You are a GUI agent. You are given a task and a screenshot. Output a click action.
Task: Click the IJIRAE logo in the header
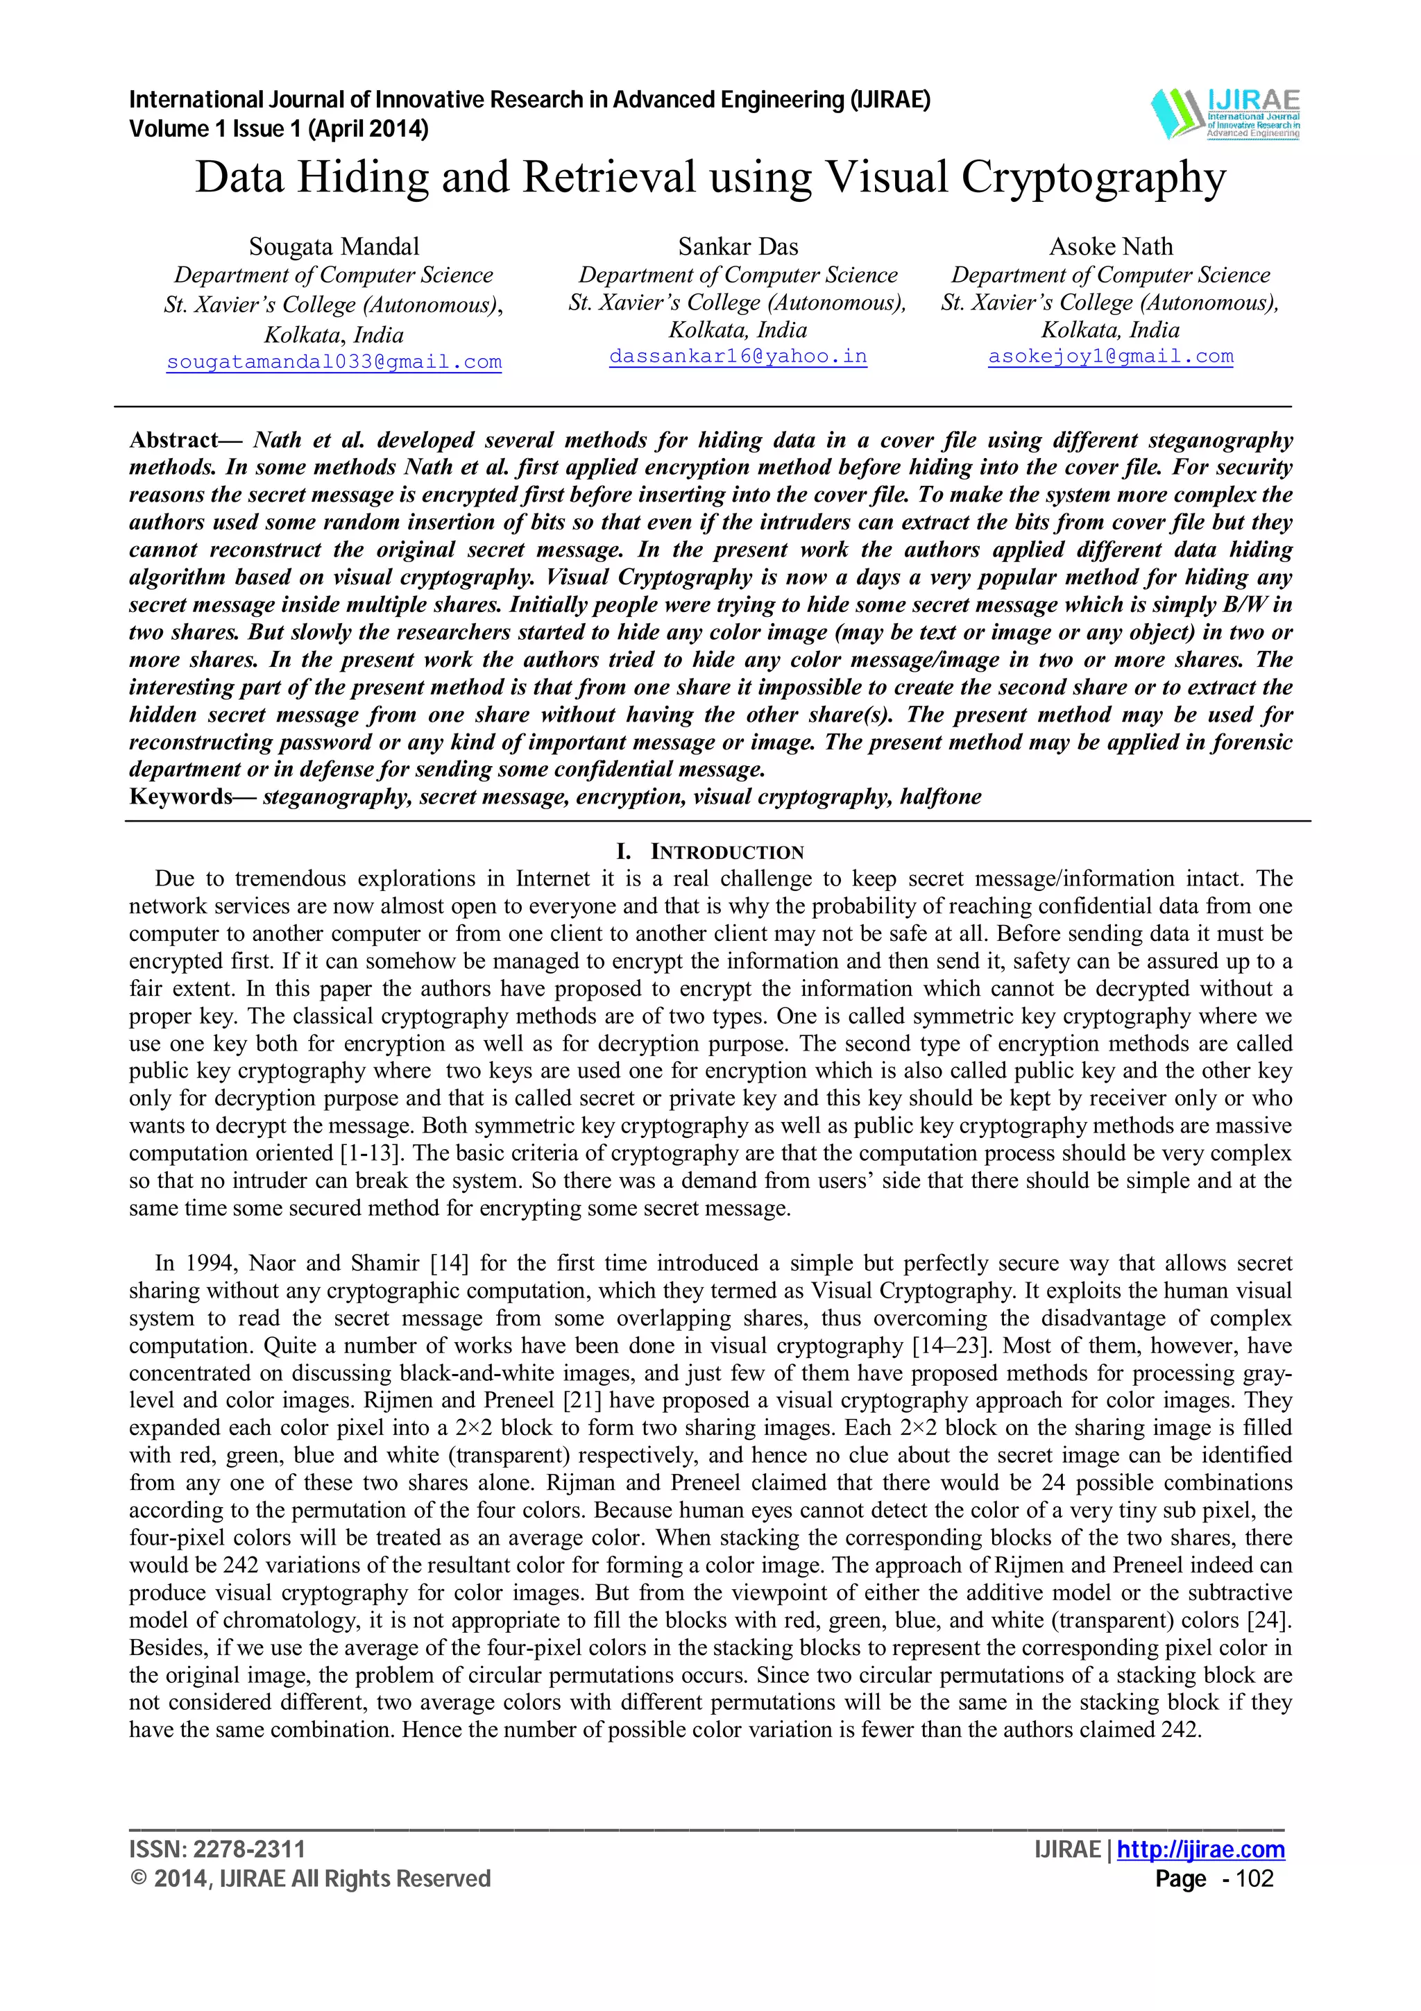click(x=1225, y=114)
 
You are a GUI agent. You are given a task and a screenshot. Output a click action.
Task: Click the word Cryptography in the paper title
click(x=1094, y=178)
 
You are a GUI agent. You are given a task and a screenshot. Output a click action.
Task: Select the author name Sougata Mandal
click(x=334, y=247)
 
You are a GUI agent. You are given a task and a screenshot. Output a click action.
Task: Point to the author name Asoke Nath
click(x=1110, y=247)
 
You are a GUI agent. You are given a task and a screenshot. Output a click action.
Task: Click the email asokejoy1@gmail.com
click(x=1110, y=357)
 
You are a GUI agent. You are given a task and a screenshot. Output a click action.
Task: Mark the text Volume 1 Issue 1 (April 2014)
click(x=278, y=130)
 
